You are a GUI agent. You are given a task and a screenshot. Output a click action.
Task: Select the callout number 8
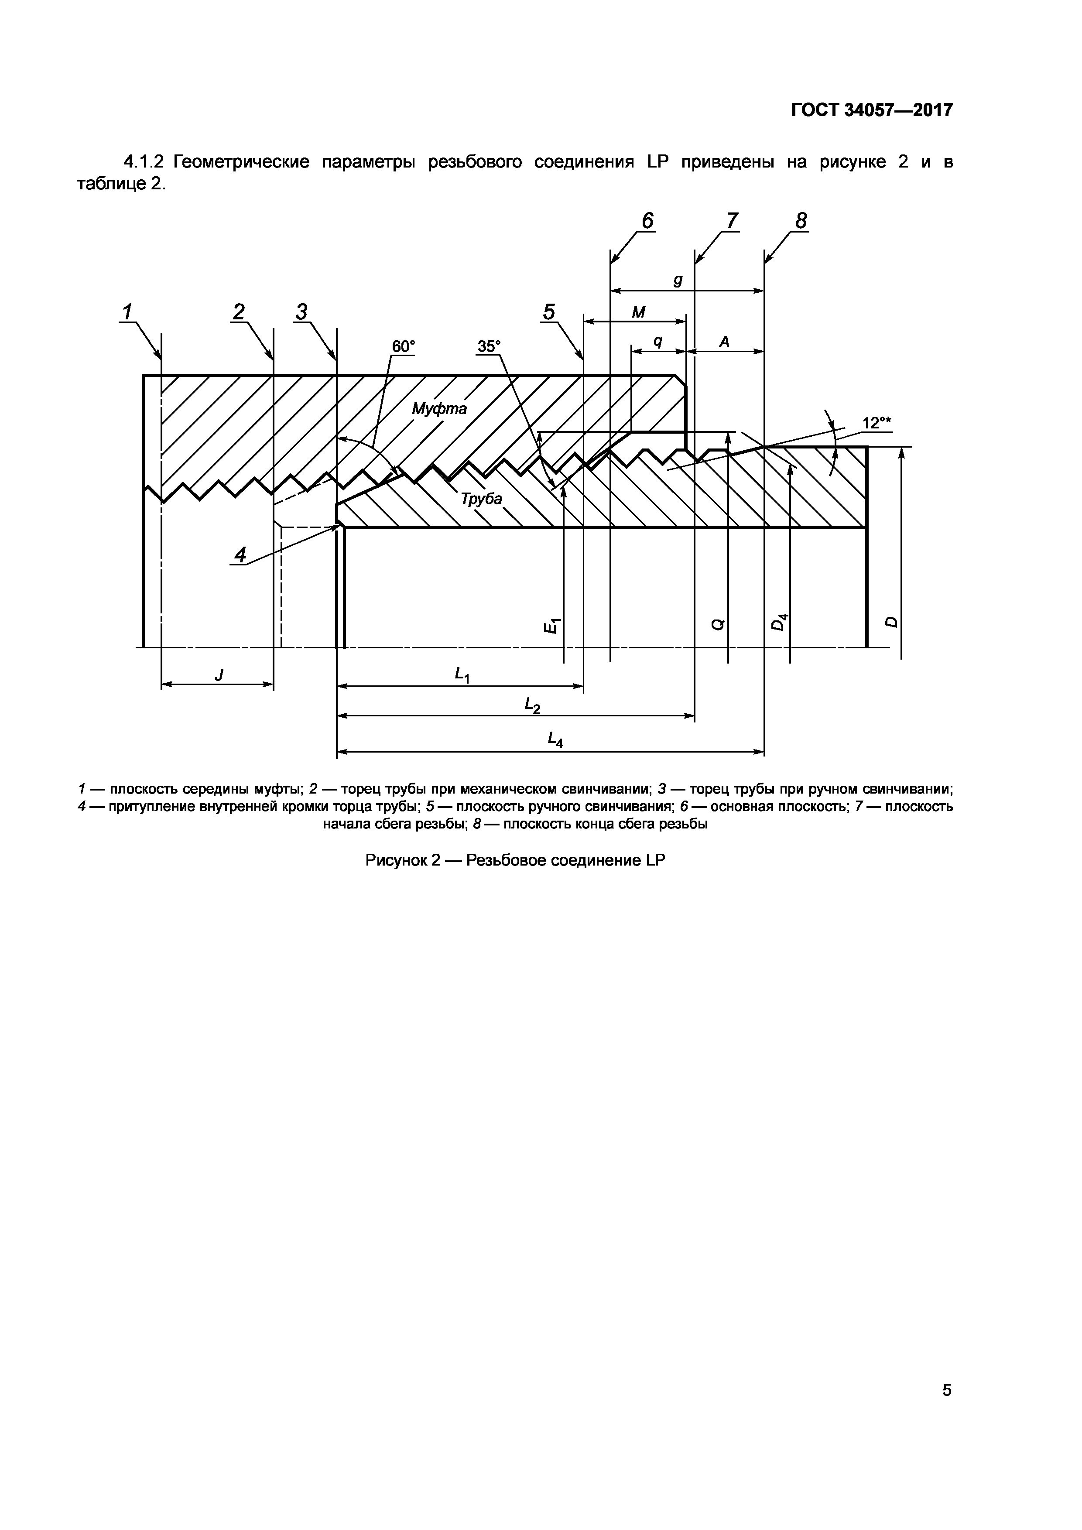point(801,221)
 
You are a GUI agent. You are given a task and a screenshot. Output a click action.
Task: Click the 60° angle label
point(402,346)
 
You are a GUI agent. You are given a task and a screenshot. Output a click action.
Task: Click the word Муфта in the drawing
point(439,408)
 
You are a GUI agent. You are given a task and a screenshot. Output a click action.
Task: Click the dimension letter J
point(219,675)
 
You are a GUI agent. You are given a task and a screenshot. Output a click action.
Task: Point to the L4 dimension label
point(555,739)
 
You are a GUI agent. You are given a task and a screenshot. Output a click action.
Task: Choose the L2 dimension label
point(532,705)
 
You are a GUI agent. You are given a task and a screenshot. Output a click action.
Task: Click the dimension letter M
point(638,312)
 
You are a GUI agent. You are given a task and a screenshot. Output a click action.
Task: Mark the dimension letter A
point(724,342)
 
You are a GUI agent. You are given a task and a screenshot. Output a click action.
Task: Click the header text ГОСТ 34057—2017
point(872,110)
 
